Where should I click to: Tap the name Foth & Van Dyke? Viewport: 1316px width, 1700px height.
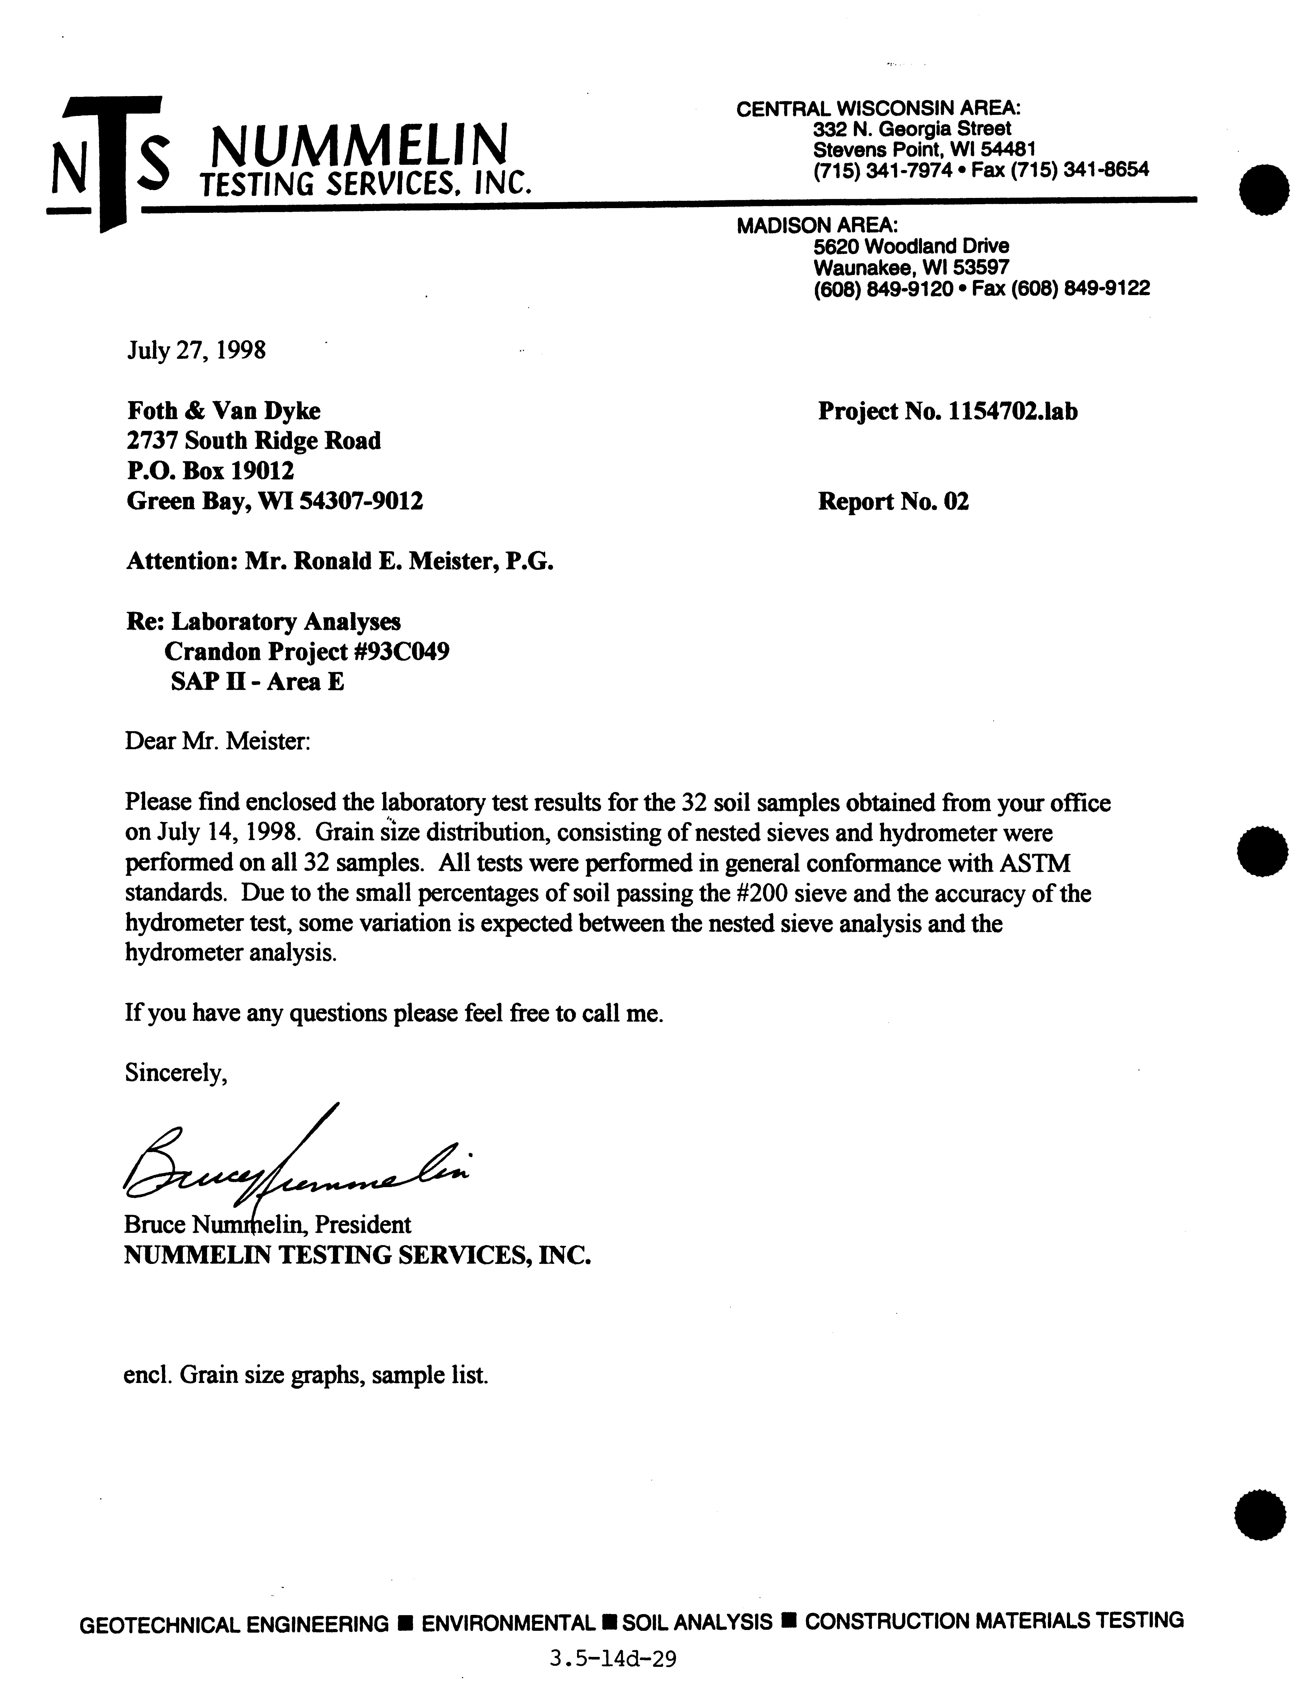pos(223,411)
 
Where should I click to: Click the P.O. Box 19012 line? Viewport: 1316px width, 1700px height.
pos(210,471)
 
